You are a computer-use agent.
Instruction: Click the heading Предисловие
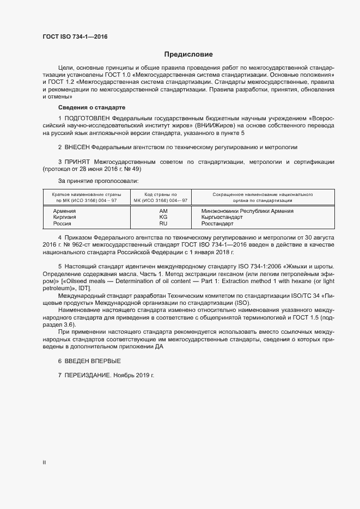(x=188, y=54)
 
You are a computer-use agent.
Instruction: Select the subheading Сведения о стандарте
(x=91, y=107)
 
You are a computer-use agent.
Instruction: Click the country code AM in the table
(x=163, y=211)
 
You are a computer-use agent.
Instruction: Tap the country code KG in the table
(x=163, y=217)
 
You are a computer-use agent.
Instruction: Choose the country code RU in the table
(x=163, y=224)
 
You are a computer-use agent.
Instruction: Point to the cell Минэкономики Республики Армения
(x=247, y=211)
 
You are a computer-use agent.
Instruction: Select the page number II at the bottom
(x=45, y=463)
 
